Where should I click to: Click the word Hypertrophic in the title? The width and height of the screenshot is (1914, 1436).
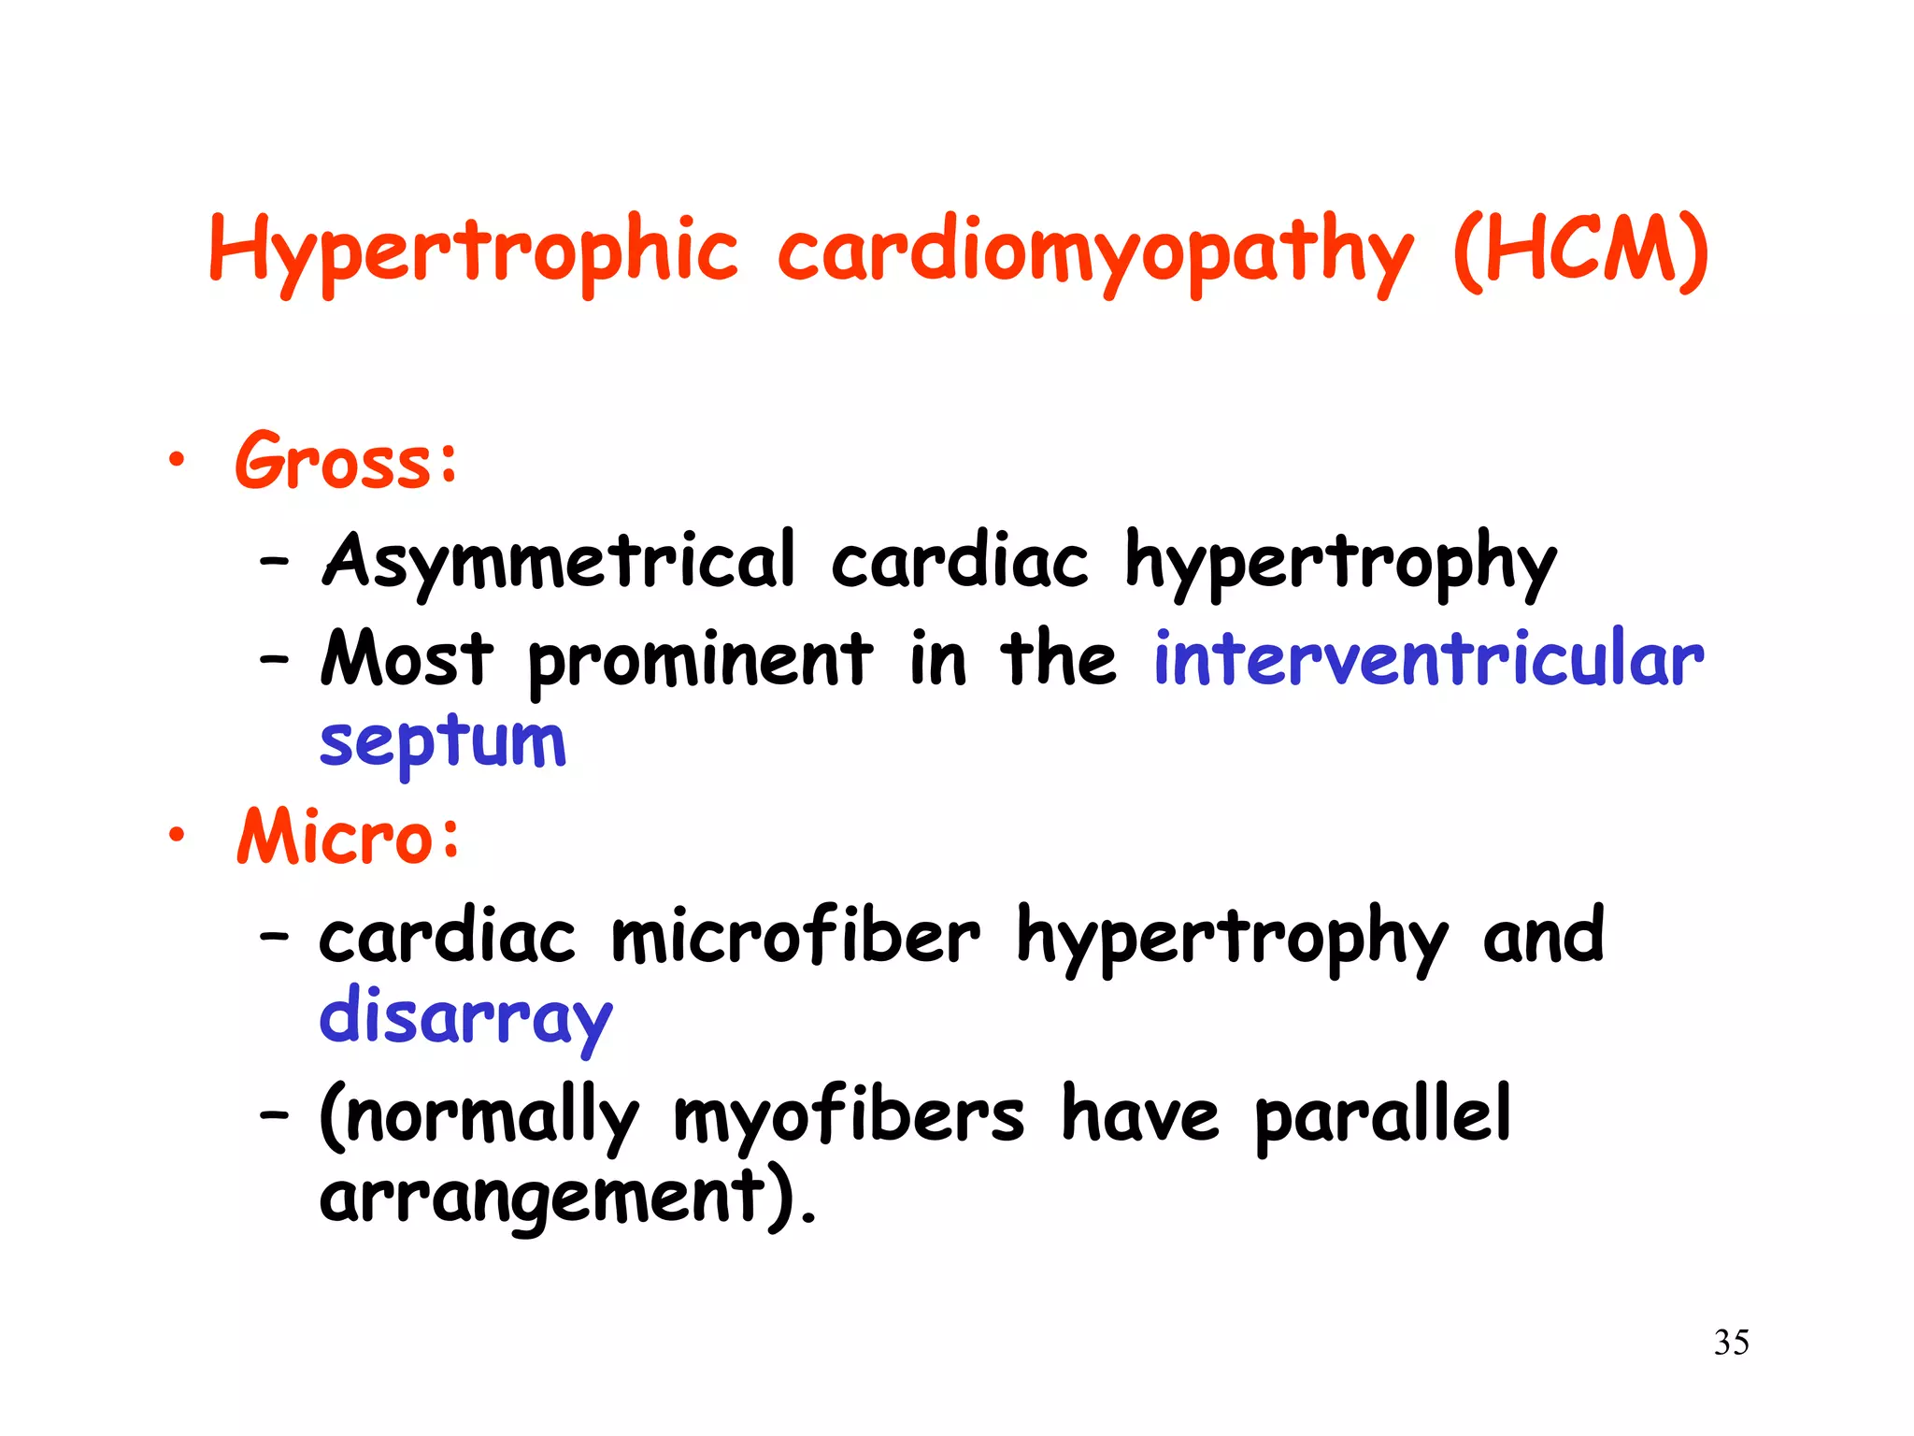point(473,251)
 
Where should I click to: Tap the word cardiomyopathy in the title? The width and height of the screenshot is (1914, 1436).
point(1094,251)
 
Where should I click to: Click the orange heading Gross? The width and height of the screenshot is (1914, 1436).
point(347,460)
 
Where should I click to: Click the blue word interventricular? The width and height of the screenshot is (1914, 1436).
point(1429,658)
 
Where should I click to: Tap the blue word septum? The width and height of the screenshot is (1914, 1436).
point(443,741)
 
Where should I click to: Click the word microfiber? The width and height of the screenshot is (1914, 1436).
point(795,935)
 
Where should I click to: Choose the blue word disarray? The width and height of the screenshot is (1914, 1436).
point(465,1017)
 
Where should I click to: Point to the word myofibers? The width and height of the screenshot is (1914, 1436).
point(849,1115)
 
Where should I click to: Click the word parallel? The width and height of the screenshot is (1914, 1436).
point(1382,1113)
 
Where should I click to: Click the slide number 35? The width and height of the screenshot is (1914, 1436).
point(1732,1343)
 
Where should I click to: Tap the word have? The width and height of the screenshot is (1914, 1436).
point(1139,1113)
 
